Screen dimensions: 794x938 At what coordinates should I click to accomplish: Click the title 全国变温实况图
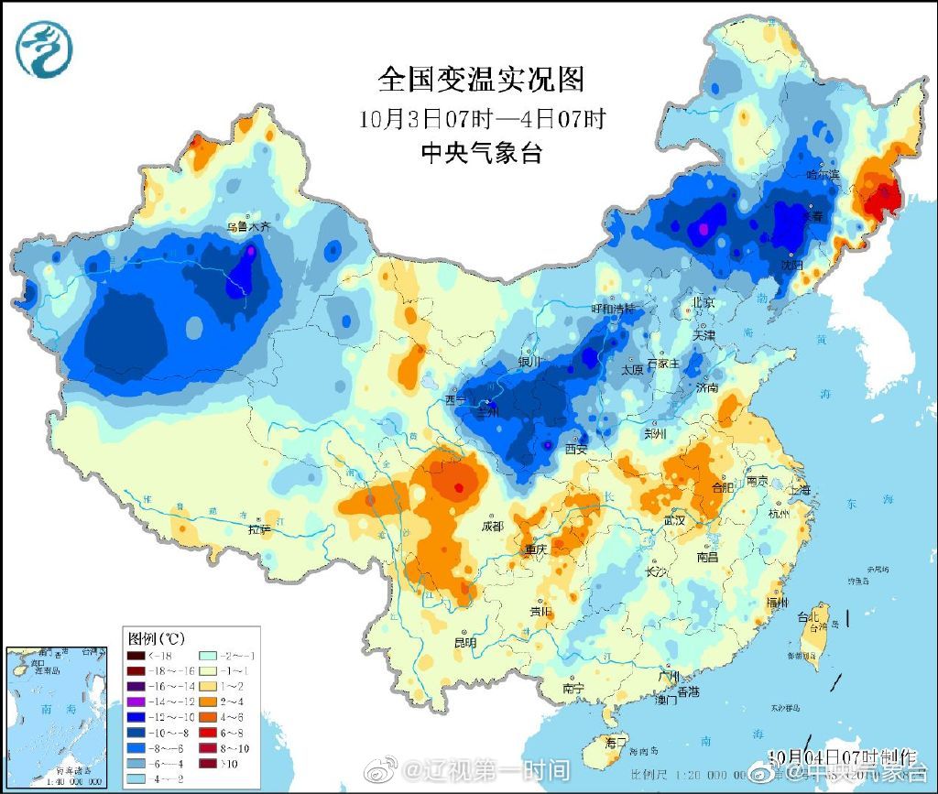click(x=481, y=81)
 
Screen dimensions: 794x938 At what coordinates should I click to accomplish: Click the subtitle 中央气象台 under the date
click(x=481, y=153)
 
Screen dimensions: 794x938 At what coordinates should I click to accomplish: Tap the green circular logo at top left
click(x=45, y=49)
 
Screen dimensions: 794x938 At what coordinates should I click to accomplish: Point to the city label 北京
click(x=703, y=302)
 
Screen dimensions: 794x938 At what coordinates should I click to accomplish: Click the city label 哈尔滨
click(x=822, y=174)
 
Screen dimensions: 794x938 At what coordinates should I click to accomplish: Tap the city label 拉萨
click(x=259, y=529)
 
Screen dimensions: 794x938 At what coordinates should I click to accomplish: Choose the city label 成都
click(x=492, y=526)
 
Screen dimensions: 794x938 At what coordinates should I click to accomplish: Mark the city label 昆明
click(x=464, y=643)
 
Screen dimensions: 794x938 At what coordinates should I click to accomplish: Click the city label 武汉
click(x=675, y=519)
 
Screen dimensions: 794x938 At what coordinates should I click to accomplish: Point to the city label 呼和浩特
click(x=612, y=310)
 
